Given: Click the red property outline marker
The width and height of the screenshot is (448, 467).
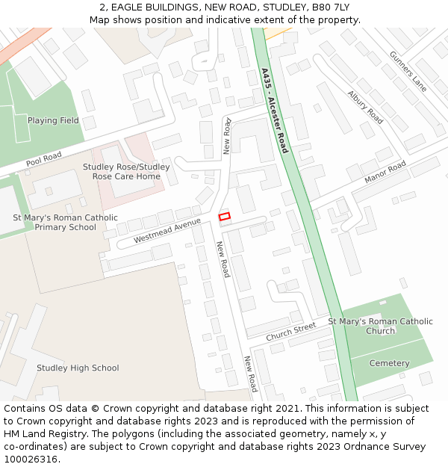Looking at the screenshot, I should tap(225, 216).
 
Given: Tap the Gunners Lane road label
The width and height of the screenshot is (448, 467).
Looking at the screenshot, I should tap(408, 72).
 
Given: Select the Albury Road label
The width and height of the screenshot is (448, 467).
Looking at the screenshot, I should tap(365, 108).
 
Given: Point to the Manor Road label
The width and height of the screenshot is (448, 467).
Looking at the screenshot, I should tap(385, 173).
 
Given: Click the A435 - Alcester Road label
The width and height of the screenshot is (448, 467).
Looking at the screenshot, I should tap(274, 111).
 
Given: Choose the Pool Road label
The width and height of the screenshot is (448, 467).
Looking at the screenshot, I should tap(43, 159).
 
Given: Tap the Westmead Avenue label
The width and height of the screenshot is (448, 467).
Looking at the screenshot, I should tap(168, 231).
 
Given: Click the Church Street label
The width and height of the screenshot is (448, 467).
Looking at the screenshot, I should tap(290, 332).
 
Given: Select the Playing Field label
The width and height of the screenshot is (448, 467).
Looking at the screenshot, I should tap(53, 120).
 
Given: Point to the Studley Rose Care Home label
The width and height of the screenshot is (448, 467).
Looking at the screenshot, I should tap(126, 172).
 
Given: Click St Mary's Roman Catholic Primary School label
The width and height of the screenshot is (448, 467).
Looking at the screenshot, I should tap(66, 223).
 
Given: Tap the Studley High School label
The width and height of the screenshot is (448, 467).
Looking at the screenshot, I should tap(78, 368).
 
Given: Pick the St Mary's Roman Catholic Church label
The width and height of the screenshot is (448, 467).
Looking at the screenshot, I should tap(380, 326).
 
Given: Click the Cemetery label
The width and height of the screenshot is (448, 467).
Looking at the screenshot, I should tap(390, 363).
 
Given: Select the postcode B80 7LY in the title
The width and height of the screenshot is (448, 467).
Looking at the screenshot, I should tap(331, 7).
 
